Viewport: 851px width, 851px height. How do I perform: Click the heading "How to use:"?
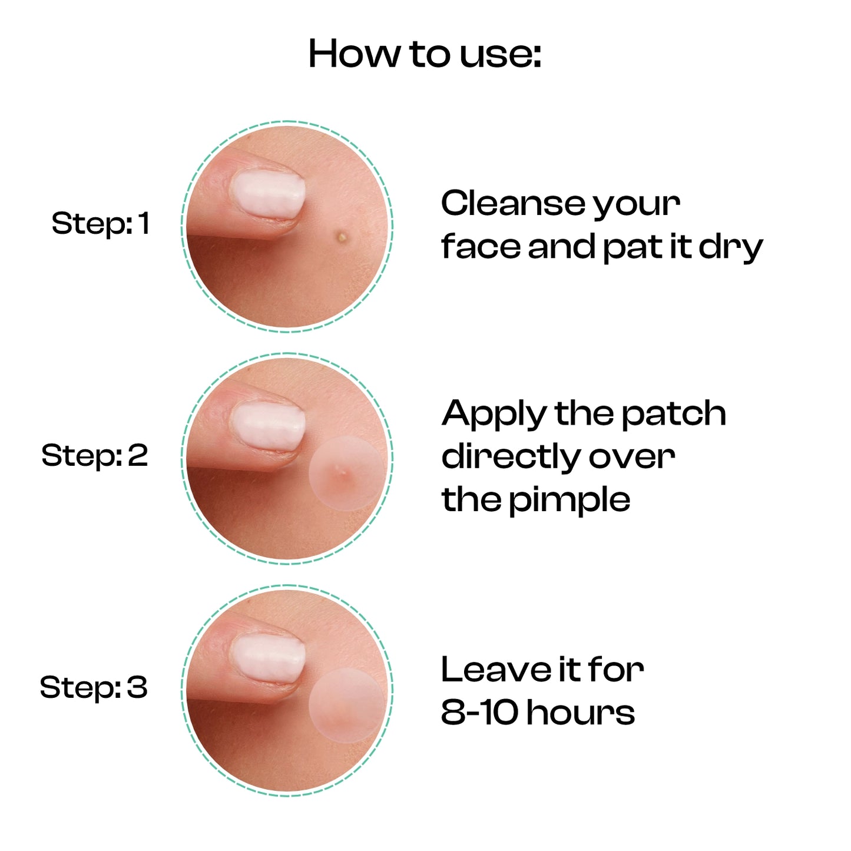[425, 54]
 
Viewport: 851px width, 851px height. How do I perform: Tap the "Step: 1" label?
[100, 224]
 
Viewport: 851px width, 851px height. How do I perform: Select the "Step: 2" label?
[94, 456]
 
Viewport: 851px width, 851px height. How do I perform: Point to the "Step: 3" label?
[94, 688]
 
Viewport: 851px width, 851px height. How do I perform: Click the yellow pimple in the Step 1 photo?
[342, 237]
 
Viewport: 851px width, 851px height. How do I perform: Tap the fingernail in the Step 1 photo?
[268, 195]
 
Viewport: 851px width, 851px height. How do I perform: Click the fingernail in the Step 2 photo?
[268, 427]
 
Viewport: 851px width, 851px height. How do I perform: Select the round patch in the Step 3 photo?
[346, 706]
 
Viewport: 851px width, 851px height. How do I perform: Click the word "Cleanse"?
[513, 204]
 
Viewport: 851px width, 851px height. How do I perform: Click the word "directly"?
[511, 458]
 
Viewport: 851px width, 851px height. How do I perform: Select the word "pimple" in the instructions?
[570, 501]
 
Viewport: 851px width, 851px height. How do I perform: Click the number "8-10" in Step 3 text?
[479, 713]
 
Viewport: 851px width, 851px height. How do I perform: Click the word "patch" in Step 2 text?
[674, 415]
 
